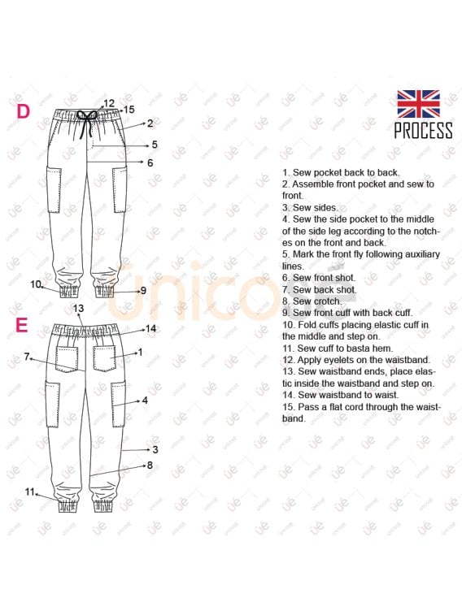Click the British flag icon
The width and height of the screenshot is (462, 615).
coord(418,104)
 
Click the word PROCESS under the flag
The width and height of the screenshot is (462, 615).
coord(423,131)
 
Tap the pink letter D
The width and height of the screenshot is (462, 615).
coord(23,111)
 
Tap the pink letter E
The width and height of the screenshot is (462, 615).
coord(22,326)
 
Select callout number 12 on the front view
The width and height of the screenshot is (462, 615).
coord(109,103)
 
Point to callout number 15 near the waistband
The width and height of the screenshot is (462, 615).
coord(129,109)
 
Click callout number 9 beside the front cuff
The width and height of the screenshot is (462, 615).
coord(143,290)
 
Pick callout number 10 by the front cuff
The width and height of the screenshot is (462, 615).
coord(36,284)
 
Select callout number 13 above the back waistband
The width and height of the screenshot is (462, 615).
coord(79,309)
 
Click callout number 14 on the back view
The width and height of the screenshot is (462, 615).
coord(150,329)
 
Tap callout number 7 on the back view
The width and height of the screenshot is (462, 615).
coord(27,357)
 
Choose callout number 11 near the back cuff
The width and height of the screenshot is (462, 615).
coord(30,492)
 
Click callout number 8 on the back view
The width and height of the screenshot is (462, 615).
coord(150,466)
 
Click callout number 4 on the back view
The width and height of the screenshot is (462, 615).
coord(145,401)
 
